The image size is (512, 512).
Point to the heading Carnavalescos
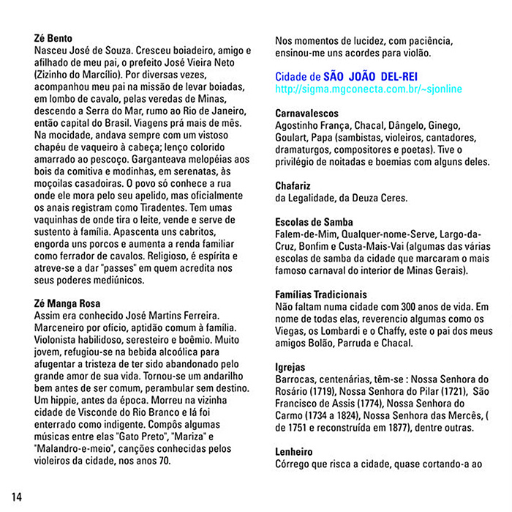click(306, 114)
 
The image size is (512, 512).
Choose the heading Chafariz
click(293, 185)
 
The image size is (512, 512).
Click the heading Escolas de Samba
click(314, 222)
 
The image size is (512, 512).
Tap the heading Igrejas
click(290, 366)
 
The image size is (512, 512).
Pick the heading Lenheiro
click(295, 452)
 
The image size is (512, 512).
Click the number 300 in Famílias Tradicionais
click(418, 306)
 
